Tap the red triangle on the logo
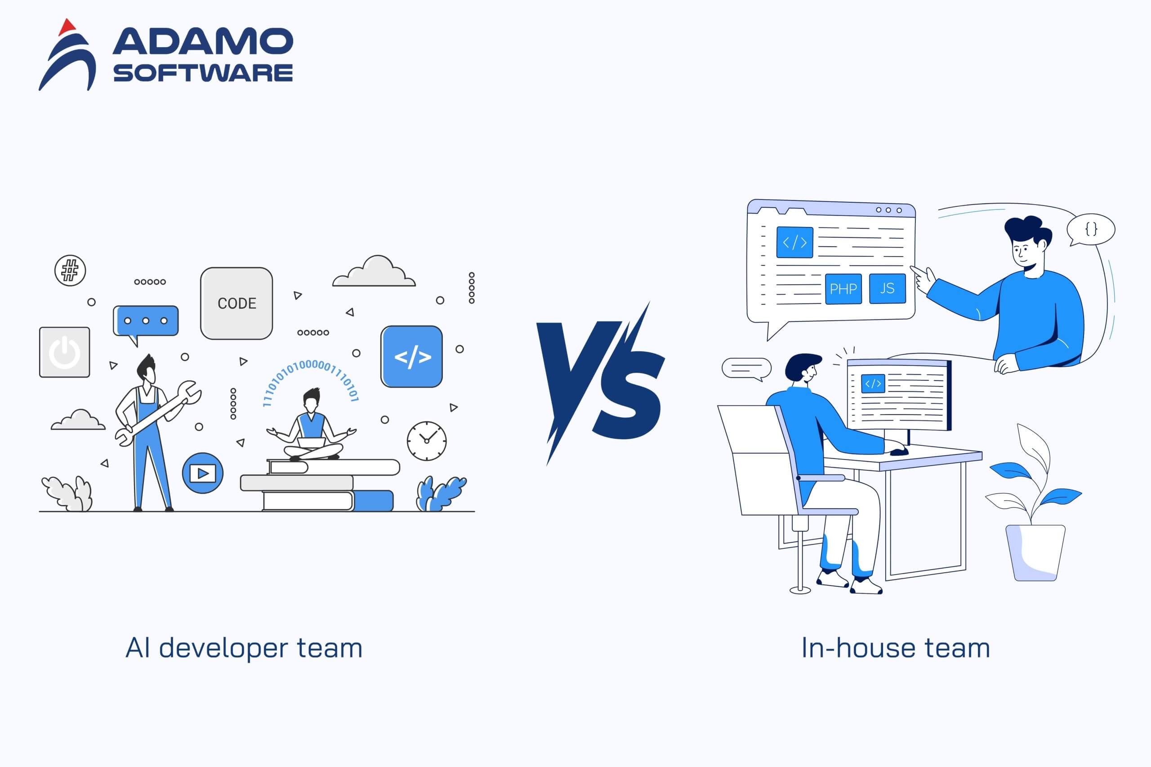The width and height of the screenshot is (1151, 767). [67, 27]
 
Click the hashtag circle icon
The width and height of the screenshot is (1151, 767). [70, 271]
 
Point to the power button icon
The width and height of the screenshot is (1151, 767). [65, 352]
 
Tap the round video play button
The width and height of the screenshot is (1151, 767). [202, 473]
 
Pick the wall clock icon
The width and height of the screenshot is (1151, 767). [427, 441]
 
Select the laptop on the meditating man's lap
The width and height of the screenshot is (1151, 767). [312, 443]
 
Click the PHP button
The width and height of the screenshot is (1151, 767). [843, 289]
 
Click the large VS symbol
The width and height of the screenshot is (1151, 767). [601, 382]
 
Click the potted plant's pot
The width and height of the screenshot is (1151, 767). [1035, 553]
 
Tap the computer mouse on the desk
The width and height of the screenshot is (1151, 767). [899, 451]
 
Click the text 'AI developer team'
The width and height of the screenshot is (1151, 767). [244, 649]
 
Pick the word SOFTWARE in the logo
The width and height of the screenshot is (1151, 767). [203, 73]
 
